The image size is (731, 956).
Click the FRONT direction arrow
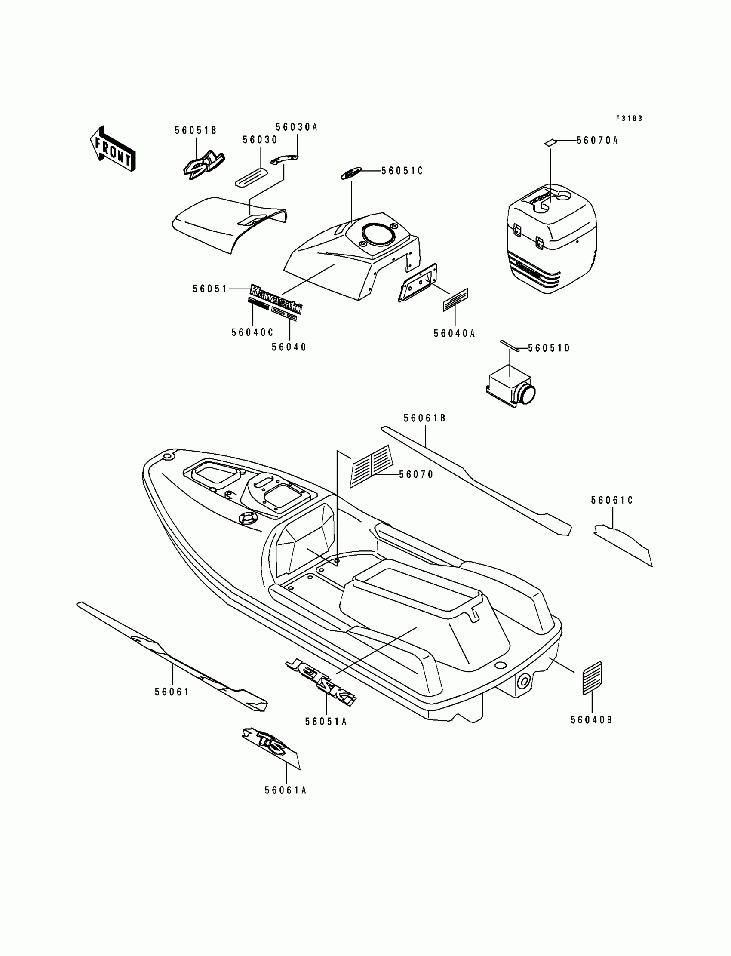click(113, 149)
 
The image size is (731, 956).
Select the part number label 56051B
click(195, 131)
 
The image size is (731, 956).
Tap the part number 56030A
click(296, 127)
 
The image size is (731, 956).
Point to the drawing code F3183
click(629, 118)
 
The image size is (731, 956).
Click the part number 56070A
click(597, 141)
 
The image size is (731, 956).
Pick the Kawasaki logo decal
click(276, 299)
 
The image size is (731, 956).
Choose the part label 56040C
click(252, 332)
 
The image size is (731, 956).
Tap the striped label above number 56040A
click(455, 300)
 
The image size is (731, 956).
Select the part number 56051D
click(549, 348)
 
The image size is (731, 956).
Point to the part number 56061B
click(425, 418)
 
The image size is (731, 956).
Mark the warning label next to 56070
click(372, 466)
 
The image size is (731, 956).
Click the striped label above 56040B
click(592, 677)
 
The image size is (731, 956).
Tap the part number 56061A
click(286, 790)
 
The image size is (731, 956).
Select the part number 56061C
click(612, 501)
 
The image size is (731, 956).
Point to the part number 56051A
click(326, 722)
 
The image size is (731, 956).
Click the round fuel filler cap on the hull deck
click(247, 519)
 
